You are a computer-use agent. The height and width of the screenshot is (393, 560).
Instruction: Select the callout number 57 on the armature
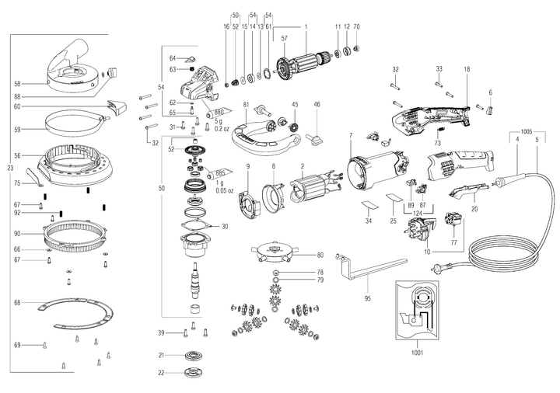(x=285, y=38)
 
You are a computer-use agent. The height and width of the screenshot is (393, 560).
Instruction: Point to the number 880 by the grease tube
(x=219, y=111)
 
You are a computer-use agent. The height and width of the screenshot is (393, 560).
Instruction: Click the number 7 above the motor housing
(x=351, y=136)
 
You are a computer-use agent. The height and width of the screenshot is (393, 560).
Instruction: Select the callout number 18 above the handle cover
(x=467, y=70)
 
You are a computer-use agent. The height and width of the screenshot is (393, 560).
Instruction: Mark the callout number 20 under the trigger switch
(x=474, y=209)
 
